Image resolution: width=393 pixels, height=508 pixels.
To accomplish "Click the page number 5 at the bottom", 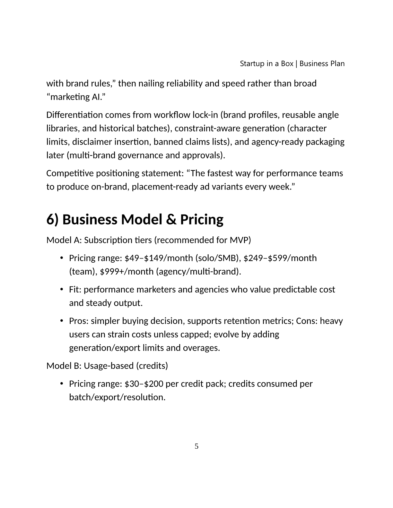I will coord(197,446).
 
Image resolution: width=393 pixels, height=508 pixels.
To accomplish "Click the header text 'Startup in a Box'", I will coord(266,63).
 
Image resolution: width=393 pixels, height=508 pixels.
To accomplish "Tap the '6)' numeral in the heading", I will coord(53,220).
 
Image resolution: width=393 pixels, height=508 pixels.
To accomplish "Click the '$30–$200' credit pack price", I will coord(144,384).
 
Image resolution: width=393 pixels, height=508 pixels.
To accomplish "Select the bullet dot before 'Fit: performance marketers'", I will coord(61,290).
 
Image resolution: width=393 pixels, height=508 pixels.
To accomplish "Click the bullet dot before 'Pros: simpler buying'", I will coord(61,321).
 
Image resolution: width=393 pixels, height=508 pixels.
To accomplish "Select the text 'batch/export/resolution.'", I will coord(117,397).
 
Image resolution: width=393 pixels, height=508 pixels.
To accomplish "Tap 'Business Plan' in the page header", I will coord(322,63).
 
